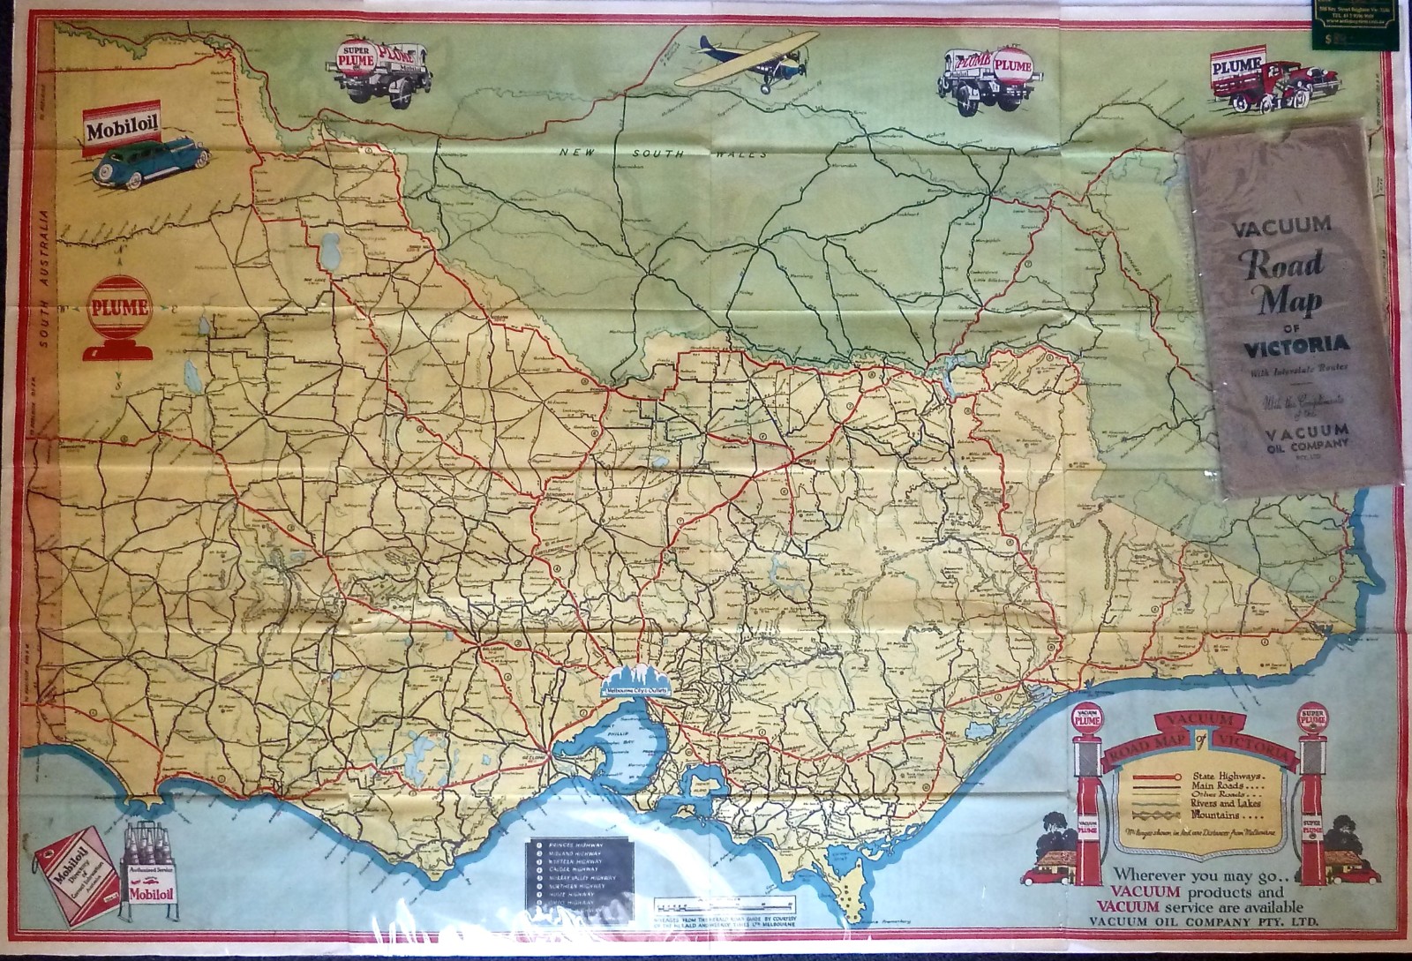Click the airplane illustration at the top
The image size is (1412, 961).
(751, 60)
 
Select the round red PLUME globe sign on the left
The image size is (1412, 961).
(121, 309)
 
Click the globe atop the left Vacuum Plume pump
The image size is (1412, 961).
(1087, 720)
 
